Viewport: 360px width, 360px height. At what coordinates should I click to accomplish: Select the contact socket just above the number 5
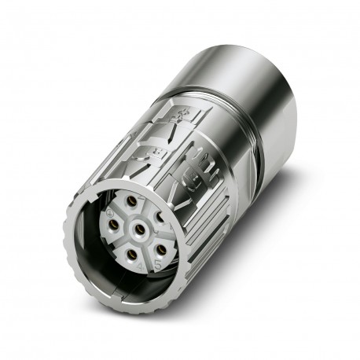[160, 249]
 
